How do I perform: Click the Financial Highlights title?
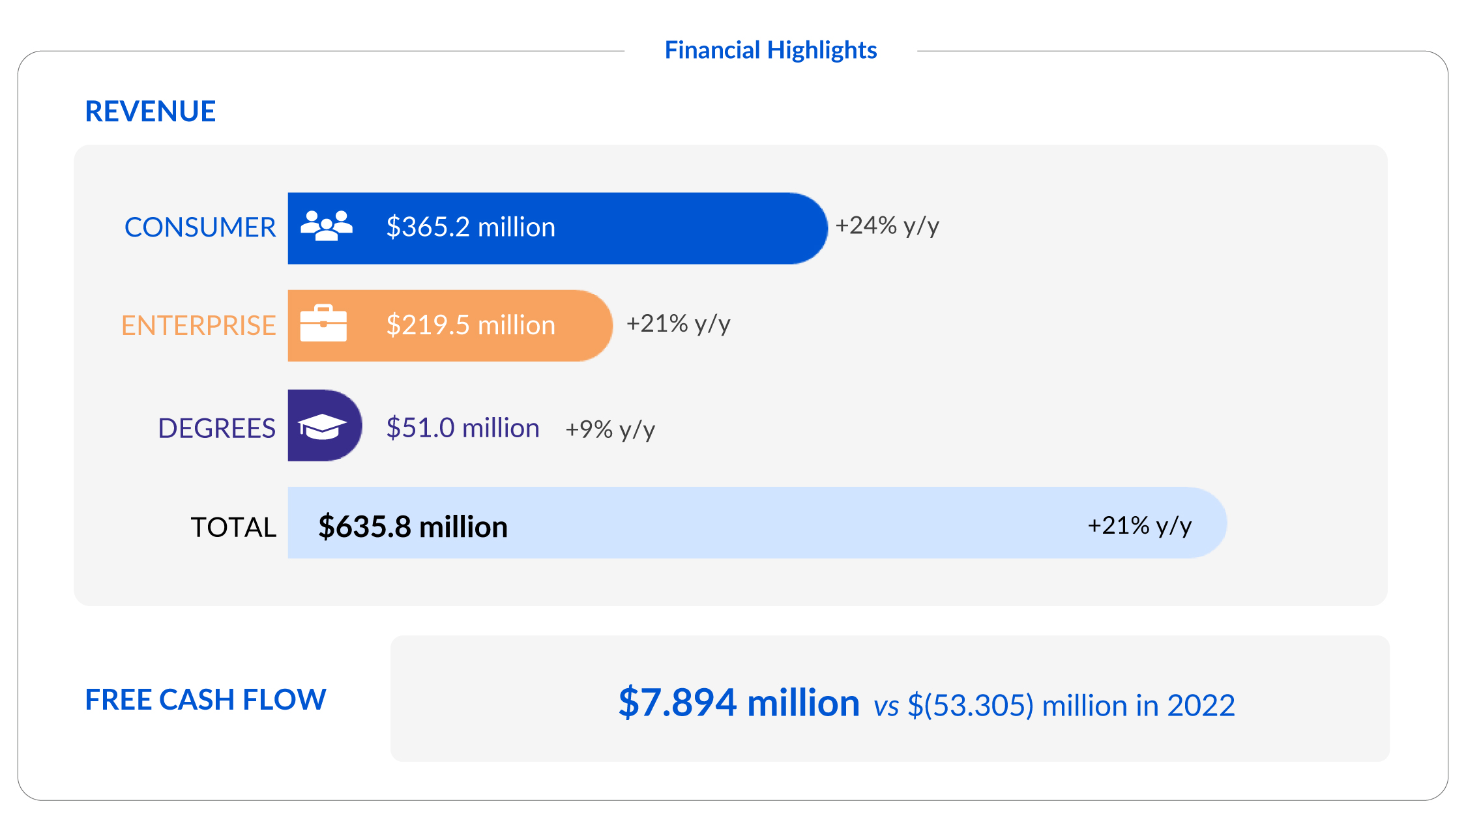[x=770, y=50]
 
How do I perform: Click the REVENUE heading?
[x=150, y=111]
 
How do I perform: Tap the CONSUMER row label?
[x=199, y=227]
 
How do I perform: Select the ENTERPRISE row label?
[x=198, y=325]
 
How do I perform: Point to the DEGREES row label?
[x=216, y=428]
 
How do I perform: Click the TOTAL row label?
[x=233, y=527]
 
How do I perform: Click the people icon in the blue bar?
[x=326, y=226]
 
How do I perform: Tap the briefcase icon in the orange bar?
[x=323, y=323]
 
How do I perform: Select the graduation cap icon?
[x=322, y=426]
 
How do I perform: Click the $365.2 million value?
[x=470, y=227]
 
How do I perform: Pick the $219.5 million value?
[x=470, y=325]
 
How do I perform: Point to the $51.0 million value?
[x=462, y=428]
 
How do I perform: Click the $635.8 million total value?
[x=412, y=527]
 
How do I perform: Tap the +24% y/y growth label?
[x=887, y=225]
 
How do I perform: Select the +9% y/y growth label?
[x=609, y=429]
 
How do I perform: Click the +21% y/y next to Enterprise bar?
[x=678, y=323]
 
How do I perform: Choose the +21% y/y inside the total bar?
[x=1139, y=525]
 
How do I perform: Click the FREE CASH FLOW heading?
[x=205, y=699]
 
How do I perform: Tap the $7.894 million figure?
[x=739, y=702]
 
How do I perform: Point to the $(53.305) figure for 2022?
[x=971, y=706]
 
